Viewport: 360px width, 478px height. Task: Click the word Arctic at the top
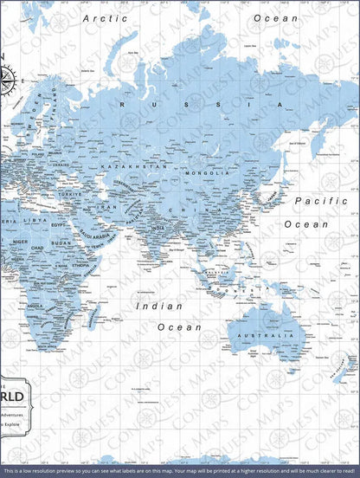tap(105, 17)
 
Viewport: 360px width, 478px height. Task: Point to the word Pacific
tap(320, 201)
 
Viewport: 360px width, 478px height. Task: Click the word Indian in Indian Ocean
tap(159, 306)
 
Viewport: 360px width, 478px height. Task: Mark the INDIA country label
tap(158, 229)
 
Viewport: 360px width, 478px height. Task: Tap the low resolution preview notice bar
tap(180, 471)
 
